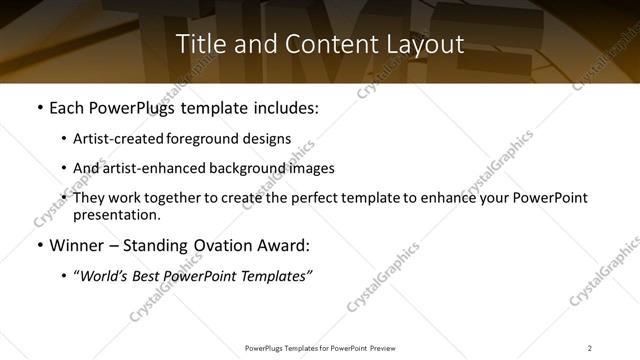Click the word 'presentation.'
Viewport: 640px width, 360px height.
point(116,215)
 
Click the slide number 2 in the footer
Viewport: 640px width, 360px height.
point(590,348)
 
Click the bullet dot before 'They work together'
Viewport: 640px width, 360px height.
point(64,198)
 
